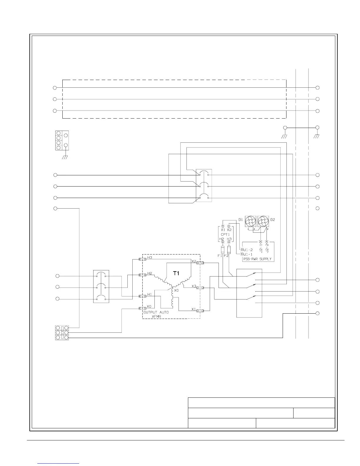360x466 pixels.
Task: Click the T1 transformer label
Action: click(176, 273)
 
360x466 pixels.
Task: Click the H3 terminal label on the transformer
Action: click(150, 257)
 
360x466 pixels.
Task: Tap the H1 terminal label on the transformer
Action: click(149, 294)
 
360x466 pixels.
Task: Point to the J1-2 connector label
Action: click(248, 250)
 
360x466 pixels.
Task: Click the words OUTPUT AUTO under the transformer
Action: click(156, 312)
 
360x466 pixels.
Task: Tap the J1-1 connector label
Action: click(248, 254)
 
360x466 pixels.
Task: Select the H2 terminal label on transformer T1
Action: click(150, 273)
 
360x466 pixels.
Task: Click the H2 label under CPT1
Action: click(222, 239)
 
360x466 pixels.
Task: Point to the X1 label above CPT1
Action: click(223, 230)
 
